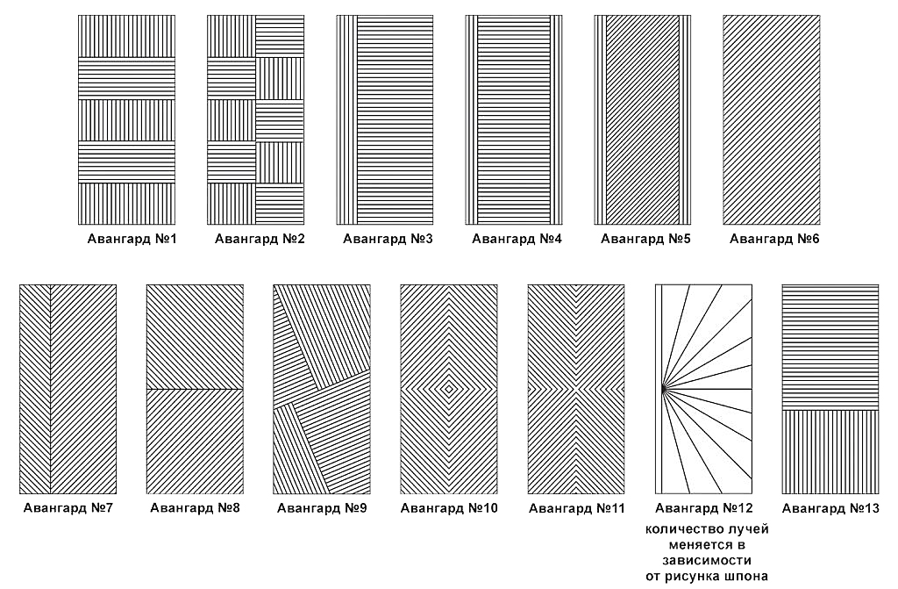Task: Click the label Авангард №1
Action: coord(132,239)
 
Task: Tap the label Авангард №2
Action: coord(260,239)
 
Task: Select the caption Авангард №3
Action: coord(388,239)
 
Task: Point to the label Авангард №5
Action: coord(645,239)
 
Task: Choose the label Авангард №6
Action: coord(774,239)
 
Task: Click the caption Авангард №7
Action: coord(68,508)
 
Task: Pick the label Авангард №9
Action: coord(322,508)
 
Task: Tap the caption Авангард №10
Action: coord(449,508)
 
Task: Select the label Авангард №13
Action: coord(830,508)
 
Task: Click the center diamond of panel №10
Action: coord(449,389)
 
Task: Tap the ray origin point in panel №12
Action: coord(664,389)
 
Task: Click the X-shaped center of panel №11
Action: coord(575,389)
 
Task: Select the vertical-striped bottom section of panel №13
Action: coord(830,452)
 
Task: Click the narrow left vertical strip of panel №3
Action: coord(346,120)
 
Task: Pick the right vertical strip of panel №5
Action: coord(685,120)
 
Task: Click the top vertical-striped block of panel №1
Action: coord(126,36)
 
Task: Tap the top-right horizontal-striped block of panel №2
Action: coord(280,36)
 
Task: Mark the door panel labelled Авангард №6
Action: coord(772,120)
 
